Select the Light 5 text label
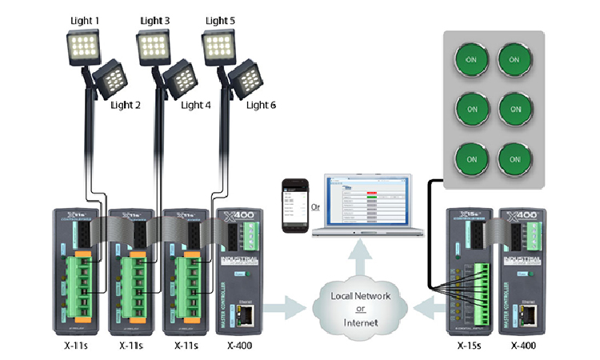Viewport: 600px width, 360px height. [221, 20]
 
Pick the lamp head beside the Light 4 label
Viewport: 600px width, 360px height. [180, 81]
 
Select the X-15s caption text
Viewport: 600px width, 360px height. [467, 346]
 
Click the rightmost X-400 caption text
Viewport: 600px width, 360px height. [522, 346]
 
